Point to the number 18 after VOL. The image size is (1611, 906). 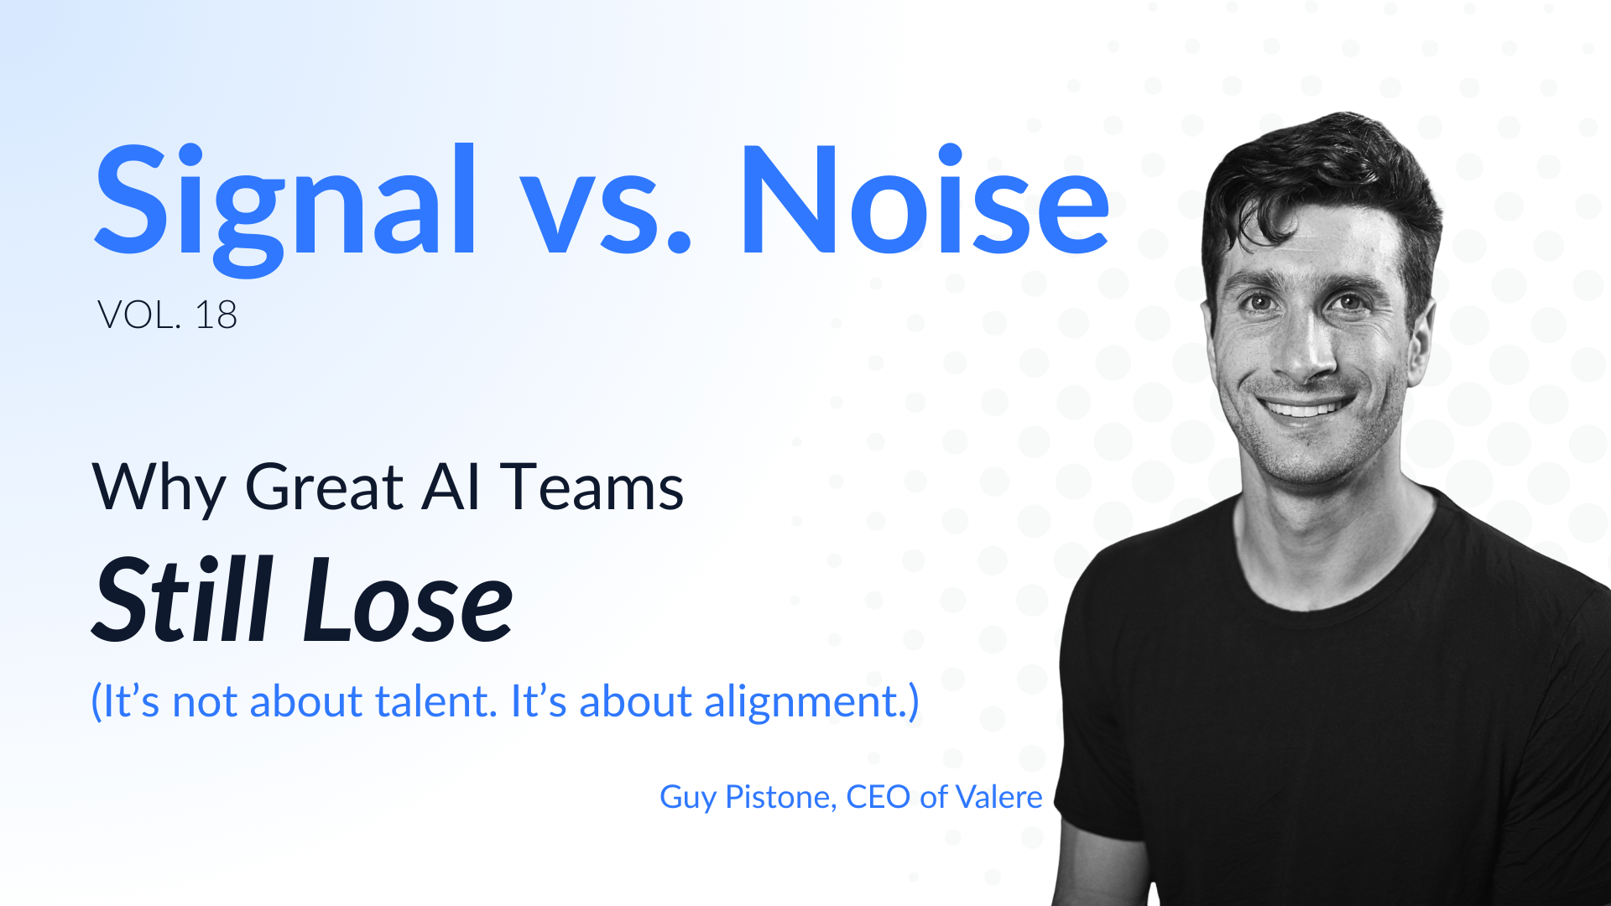(216, 315)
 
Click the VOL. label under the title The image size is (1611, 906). (138, 315)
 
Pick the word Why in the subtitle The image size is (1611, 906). (159, 488)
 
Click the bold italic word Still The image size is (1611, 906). (184, 600)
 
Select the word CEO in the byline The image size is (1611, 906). (878, 797)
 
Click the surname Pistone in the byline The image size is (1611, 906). (779, 797)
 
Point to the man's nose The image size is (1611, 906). (1303, 352)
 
